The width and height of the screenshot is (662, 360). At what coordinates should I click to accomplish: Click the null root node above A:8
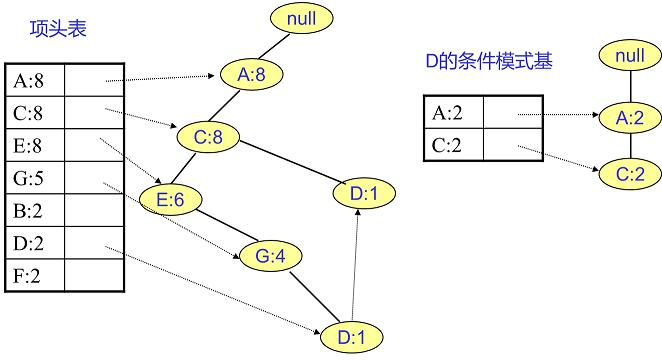pyautogui.click(x=301, y=19)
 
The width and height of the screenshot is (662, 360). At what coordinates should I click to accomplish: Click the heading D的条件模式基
pyautogui.click(x=489, y=62)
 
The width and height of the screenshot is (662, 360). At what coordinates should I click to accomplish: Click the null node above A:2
pyautogui.click(x=629, y=54)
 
